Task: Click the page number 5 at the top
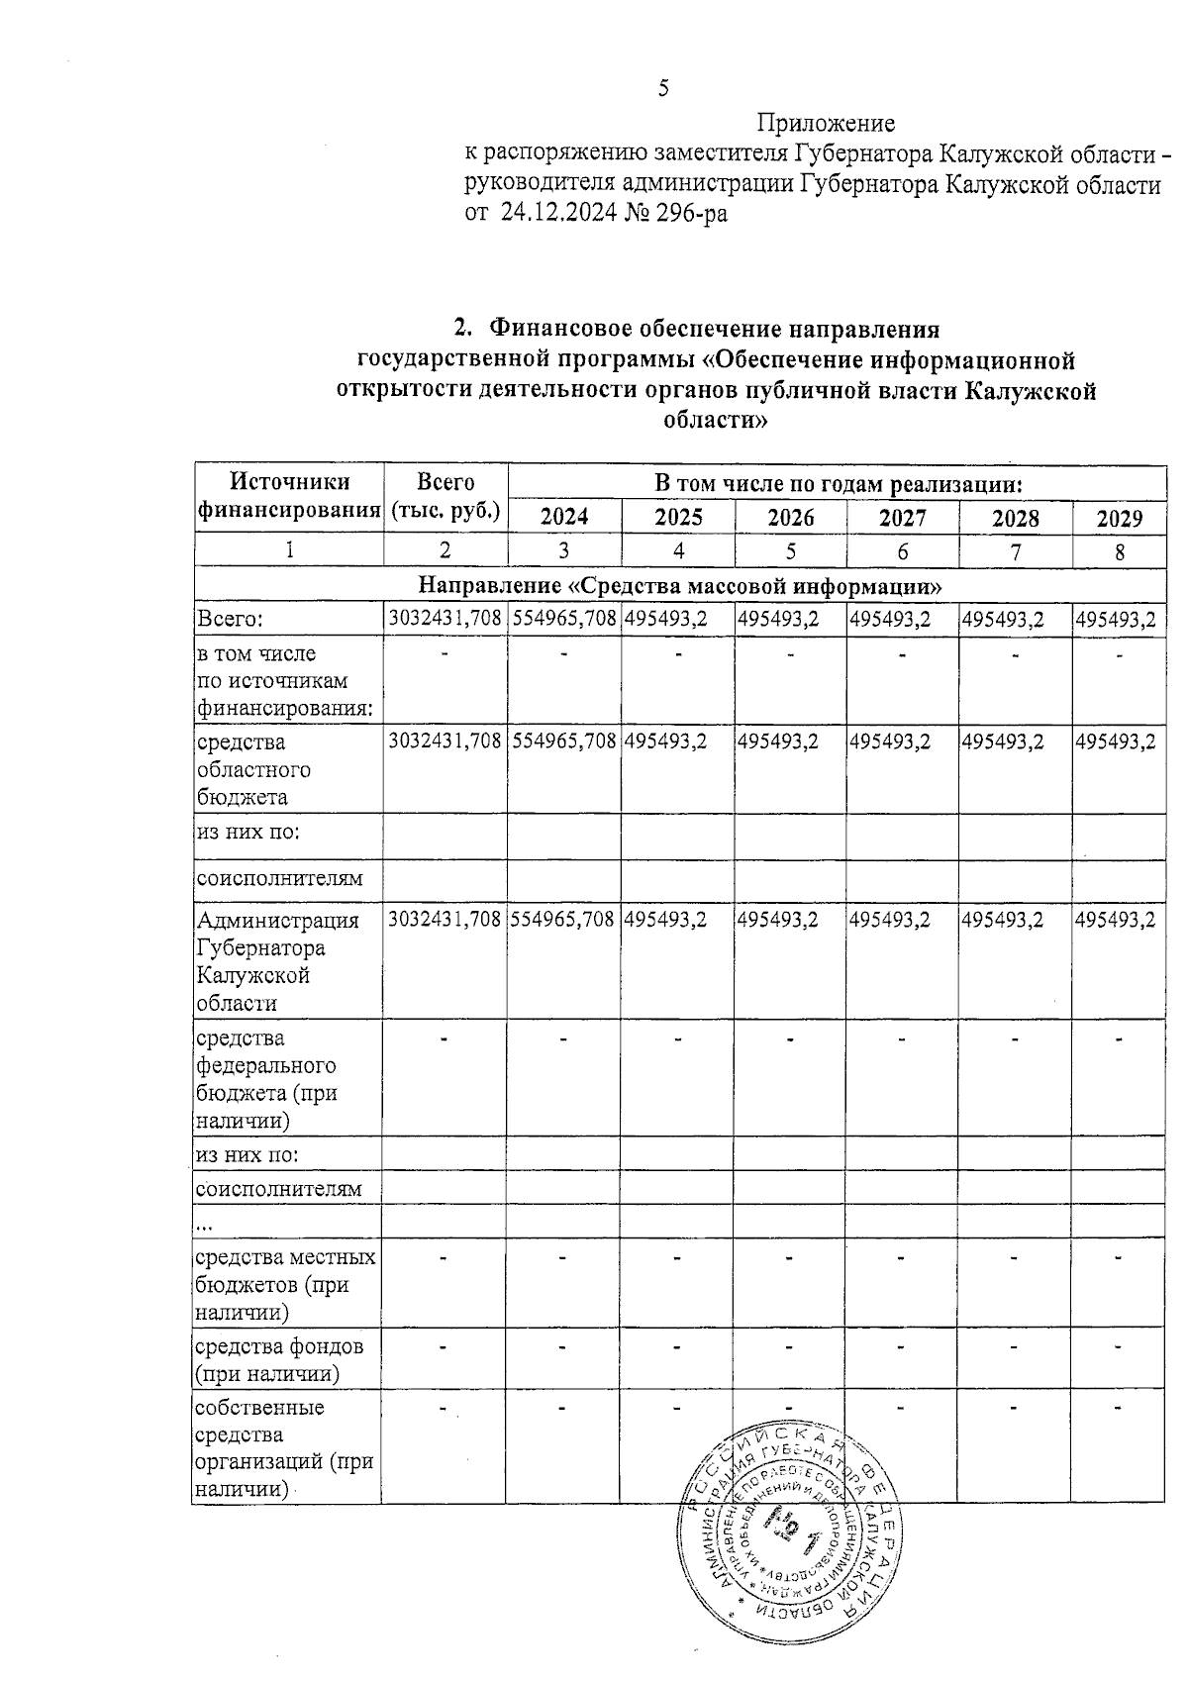663,89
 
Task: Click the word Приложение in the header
826,124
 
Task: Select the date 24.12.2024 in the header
558,212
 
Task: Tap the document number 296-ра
689,212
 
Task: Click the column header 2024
564,517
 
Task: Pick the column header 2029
1119,518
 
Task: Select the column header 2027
902,517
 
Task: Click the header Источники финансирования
289,496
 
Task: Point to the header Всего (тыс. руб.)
445,496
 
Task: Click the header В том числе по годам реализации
838,484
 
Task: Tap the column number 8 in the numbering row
1119,552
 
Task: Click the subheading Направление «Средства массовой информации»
679,585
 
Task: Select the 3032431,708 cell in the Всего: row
445,620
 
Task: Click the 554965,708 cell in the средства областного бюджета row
564,742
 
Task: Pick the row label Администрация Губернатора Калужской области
277,961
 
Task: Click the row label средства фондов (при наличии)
279,1360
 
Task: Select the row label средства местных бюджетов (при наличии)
285,1284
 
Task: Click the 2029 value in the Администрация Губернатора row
1116,920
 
